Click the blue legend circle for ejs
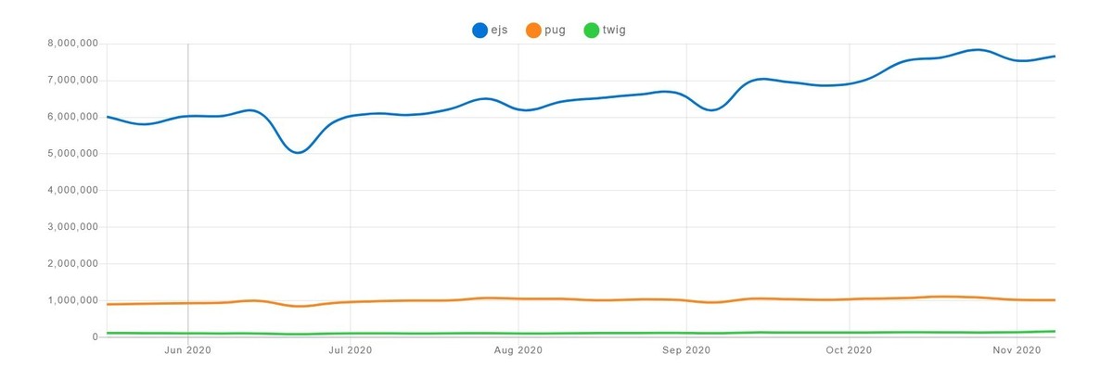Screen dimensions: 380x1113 point(480,31)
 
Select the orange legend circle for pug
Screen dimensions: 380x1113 point(533,31)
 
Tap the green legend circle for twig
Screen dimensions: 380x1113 point(591,31)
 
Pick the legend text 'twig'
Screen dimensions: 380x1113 point(615,31)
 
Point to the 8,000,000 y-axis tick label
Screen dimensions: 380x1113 point(72,44)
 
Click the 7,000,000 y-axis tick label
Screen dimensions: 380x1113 point(72,81)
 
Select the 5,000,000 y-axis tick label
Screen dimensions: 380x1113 point(72,154)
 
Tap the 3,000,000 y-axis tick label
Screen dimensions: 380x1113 point(72,227)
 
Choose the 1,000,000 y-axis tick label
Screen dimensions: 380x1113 point(72,300)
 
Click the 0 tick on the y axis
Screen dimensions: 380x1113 point(95,337)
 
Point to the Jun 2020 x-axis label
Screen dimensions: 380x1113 point(188,350)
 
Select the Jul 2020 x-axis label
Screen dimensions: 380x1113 point(351,350)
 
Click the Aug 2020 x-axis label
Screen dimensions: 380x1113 point(518,350)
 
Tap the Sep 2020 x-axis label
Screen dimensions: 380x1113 point(685,350)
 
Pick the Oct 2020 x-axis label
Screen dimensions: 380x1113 point(849,350)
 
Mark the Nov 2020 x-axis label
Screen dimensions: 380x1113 point(1017,350)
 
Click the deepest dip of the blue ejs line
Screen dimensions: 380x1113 point(298,152)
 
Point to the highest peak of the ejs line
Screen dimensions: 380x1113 point(975,50)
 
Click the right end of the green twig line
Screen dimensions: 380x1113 point(1055,331)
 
